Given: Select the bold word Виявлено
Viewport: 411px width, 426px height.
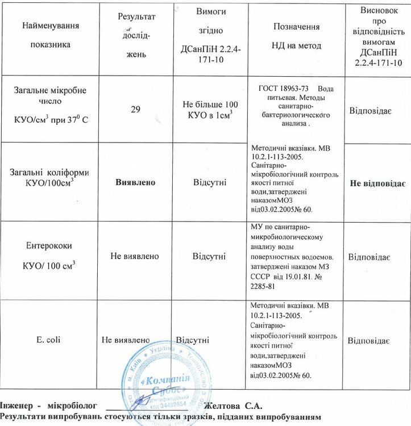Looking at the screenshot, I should (136, 182).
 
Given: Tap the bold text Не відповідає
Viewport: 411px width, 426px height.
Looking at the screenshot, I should (376, 185).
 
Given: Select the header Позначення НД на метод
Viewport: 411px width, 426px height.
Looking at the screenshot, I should (296, 36).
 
